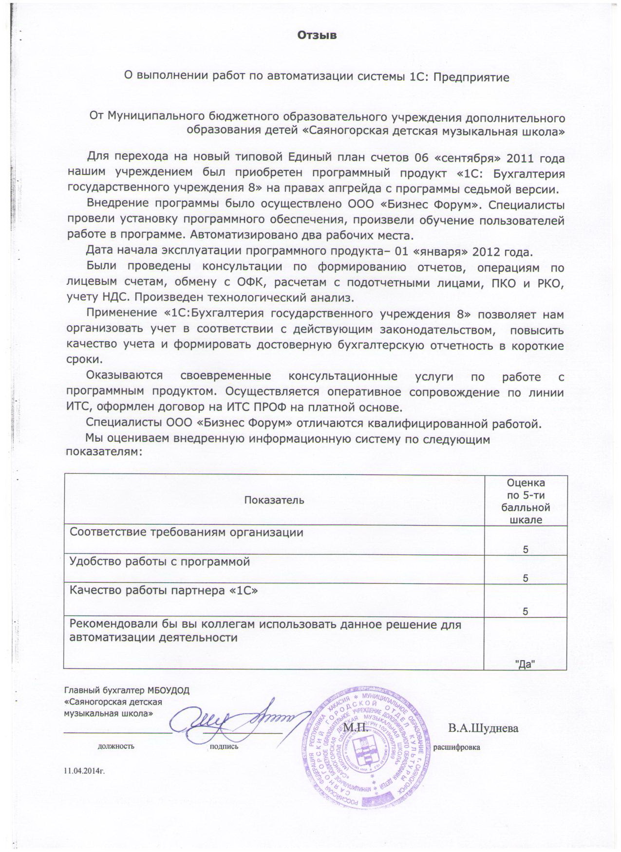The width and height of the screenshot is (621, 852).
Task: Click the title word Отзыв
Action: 317,36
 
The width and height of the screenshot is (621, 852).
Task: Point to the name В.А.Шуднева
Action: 483,728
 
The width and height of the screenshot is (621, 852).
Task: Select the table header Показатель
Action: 274,500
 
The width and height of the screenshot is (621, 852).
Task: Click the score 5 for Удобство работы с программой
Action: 526,578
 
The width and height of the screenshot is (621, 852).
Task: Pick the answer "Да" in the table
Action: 526,664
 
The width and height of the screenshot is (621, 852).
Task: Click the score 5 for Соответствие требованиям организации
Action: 526,550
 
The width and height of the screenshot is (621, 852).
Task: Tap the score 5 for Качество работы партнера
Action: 526,612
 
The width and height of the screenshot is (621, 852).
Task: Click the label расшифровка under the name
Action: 456,747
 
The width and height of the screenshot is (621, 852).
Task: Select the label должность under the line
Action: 116,746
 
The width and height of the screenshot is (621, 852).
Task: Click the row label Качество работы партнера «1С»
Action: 164,591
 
